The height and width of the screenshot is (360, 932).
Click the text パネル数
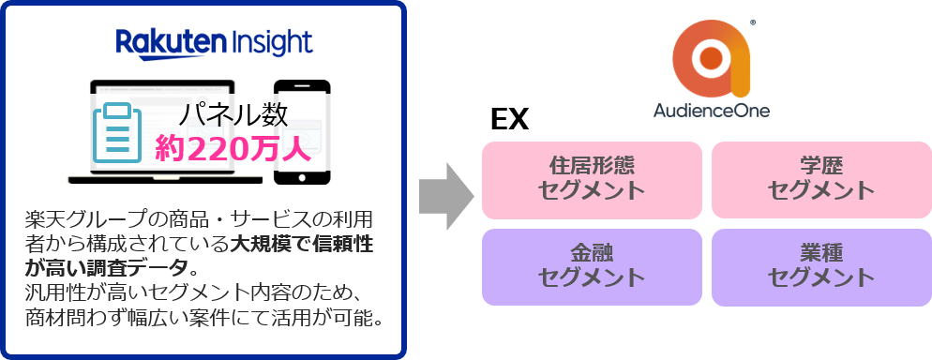point(233,115)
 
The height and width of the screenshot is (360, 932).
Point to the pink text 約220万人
point(233,149)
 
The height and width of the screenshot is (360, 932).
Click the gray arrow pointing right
point(443,196)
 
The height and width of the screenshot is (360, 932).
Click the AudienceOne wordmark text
point(712,112)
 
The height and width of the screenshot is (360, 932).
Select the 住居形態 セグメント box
point(592,177)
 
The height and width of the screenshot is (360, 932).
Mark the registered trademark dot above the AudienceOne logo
point(754,22)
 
